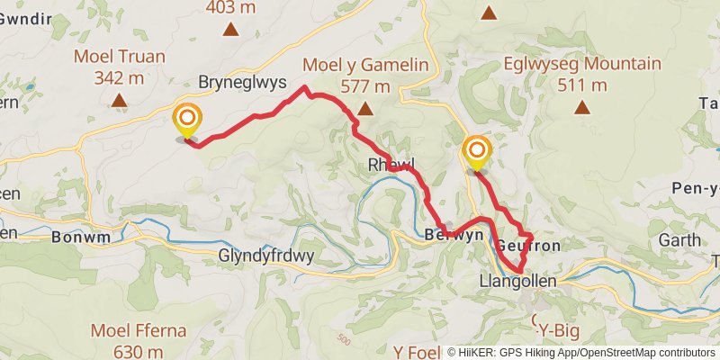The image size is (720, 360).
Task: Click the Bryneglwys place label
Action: pos(242,82)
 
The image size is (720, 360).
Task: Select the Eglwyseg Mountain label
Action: pos(583,65)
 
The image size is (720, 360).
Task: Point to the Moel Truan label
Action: pos(120,57)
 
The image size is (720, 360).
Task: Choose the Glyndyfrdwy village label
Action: pos(266,256)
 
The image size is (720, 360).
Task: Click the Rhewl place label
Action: pos(391,165)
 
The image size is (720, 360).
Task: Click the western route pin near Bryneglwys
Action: pos(187,121)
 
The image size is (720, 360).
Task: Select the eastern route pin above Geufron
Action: pos(476,153)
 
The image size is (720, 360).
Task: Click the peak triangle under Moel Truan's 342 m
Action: pos(120,100)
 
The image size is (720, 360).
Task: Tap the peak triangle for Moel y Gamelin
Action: pos(364,109)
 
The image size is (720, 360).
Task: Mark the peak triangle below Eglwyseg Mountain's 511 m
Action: pos(583,108)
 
